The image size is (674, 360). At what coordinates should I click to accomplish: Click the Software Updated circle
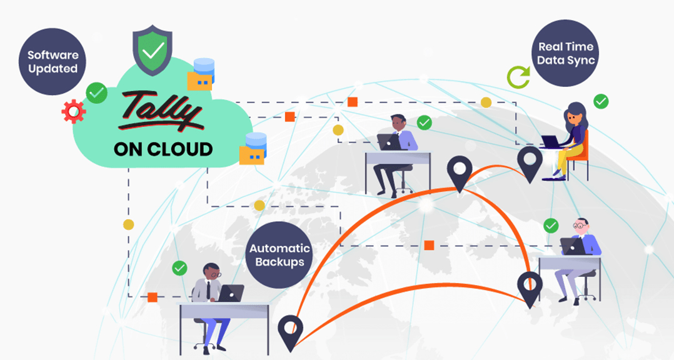tap(53, 62)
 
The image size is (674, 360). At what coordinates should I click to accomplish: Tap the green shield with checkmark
tap(153, 49)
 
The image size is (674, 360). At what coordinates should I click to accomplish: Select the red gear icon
tap(73, 111)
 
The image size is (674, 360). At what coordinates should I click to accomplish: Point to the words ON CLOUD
tap(163, 149)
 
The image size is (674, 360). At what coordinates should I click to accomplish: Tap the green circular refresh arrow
tap(518, 77)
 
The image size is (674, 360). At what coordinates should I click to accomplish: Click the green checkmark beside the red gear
tap(96, 93)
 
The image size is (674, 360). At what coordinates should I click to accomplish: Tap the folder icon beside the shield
tap(201, 81)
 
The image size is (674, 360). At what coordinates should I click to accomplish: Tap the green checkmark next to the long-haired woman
tap(601, 101)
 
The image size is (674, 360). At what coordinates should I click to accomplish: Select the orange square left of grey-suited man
tap(152, 297)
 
